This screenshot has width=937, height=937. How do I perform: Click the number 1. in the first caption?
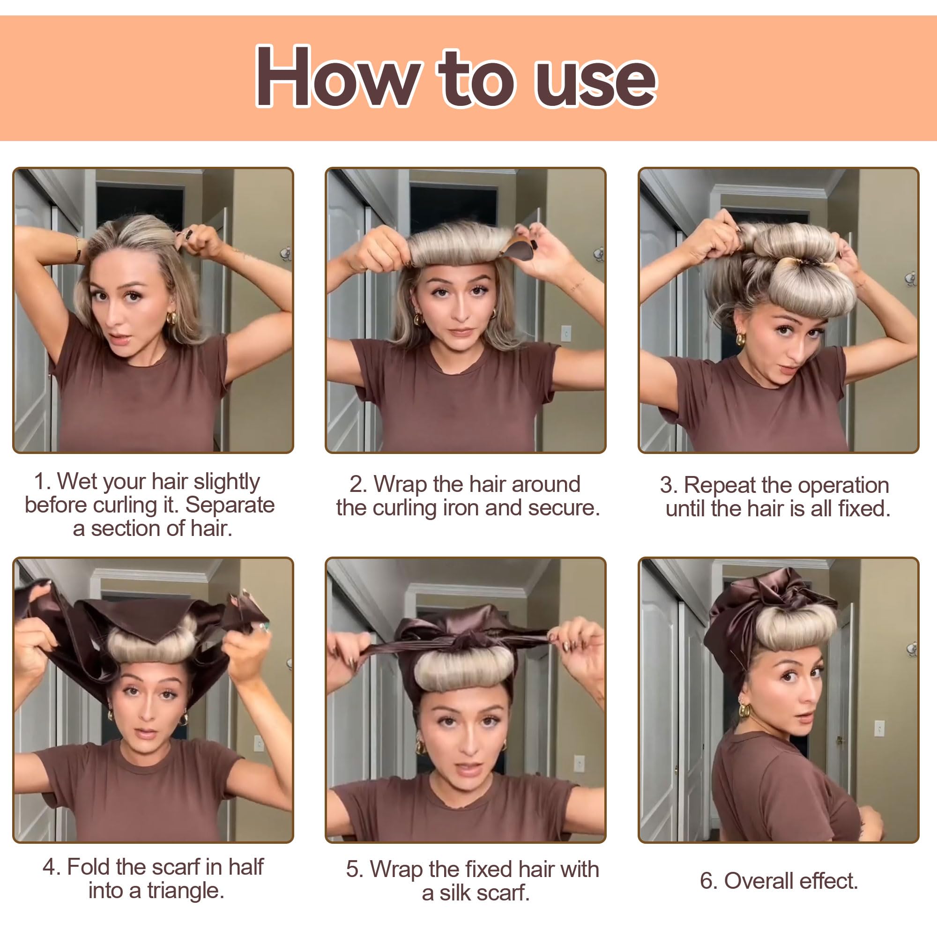[x=42, y=482]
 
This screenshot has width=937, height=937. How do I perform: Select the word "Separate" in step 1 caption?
[x=230, y=505]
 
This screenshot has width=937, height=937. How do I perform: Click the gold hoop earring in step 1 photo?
[x=171, y=318]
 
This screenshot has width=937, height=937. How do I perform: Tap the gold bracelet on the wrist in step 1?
[x=78, y=248]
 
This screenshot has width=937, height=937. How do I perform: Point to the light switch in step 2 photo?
[x=565, y=334]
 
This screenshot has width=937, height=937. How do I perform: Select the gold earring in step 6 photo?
[x=744, y=711]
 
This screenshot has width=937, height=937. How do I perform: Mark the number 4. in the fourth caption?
[x=52, y=867]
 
